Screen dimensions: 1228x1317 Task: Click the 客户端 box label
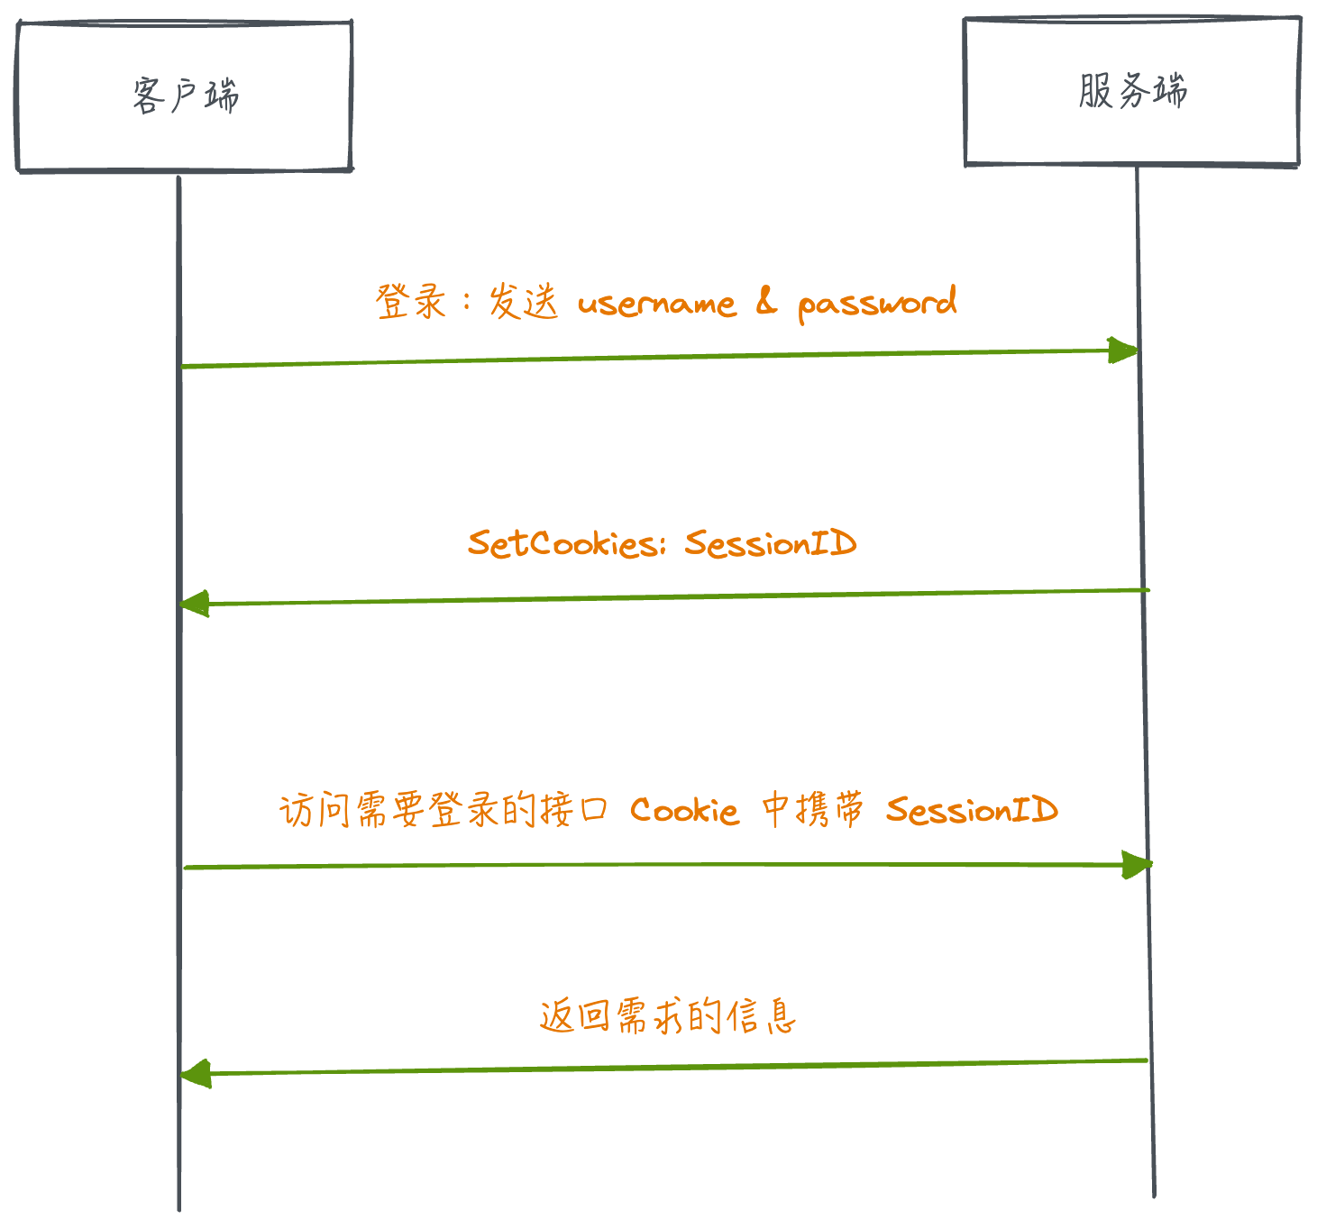tap(185, 96)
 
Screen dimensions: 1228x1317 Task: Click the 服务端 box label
tap(1132, 91)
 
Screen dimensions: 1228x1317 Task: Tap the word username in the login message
tap(656, 304)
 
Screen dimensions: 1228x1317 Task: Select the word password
tap(876, 304)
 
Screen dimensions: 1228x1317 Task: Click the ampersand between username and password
tap(765, 303)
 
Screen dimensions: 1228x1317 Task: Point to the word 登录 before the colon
tap(411, 302)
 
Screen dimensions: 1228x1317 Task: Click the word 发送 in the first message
tap(523, 302)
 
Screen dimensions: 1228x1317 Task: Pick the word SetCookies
tap(565, 543)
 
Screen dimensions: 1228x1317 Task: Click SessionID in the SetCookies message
tap(770, 543)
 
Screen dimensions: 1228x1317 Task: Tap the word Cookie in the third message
tap(684, 811)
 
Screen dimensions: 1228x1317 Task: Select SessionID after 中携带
tap(971, 810)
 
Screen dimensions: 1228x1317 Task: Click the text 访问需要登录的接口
tap(443, 810)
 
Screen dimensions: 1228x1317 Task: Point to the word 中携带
tap(811, 809)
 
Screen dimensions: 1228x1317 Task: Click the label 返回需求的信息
tap(668, 1016)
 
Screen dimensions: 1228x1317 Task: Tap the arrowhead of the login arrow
tap(1125, 350)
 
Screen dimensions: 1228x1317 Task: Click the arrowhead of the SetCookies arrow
tap(193, 604)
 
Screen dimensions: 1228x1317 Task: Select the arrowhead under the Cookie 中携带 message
tap(1138, 865)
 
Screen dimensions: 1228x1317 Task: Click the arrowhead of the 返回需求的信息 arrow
tap(194, 1074)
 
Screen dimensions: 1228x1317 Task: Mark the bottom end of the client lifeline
tap(178, 1207)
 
